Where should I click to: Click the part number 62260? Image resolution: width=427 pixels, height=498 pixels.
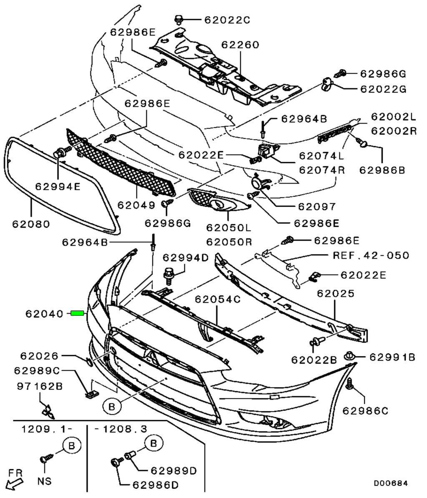(240, 45)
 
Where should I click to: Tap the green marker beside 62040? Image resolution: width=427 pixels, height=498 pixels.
(78, 313)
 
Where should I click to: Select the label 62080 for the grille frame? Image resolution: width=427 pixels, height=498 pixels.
(31, 224)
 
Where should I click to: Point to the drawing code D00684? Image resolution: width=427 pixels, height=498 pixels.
(390, 483)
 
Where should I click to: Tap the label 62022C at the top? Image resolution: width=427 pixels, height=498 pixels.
(227, 19)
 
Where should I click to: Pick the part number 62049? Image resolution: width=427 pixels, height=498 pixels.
(136, 205)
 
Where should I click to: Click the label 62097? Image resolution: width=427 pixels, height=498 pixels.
(317, 206)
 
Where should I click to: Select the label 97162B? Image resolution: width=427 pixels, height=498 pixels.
(40, 386)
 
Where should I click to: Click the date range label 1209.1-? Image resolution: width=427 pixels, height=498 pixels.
(46, 429)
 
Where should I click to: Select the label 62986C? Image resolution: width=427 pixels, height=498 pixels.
(365, 411)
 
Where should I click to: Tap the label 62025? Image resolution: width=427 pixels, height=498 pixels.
(336, 293)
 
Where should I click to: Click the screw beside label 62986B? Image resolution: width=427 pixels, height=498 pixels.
(363, 144)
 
